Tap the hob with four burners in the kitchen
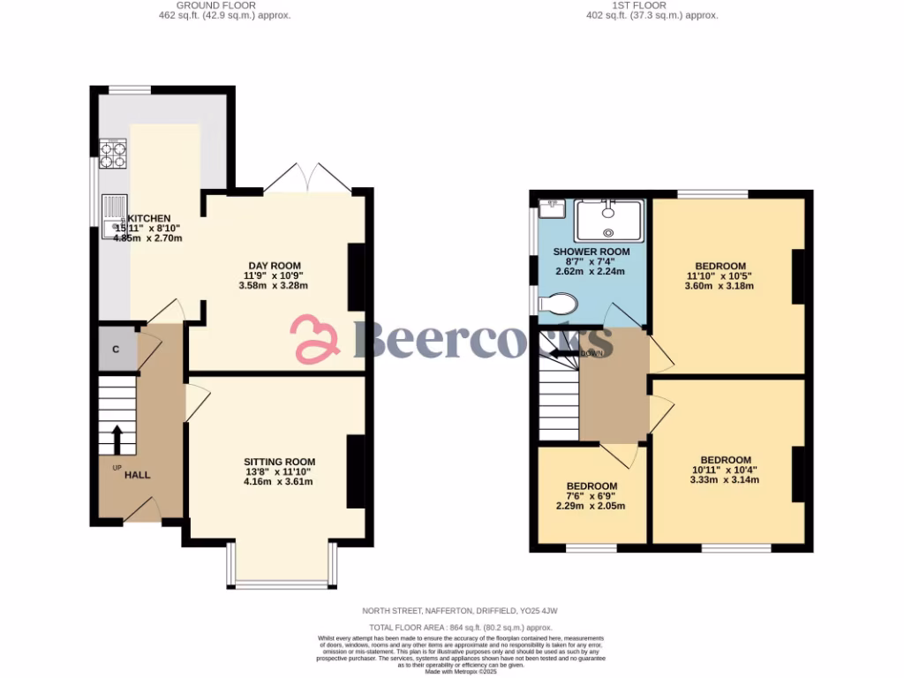(x=112, y=154)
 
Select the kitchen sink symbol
(x=114, y=217)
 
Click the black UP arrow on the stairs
(x=117, y=438)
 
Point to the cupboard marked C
(x=116, y=350)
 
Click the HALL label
(x=137, y=475)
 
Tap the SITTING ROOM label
(x=279, y=462)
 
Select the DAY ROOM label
(x=274, y=266)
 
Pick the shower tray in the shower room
(x=608, y=220)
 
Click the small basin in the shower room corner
(x=551, y=209)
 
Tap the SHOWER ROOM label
(x=591, y=252)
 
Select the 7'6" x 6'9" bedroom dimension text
(x=591, y=496)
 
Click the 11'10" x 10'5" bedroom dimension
(x=719, y=275)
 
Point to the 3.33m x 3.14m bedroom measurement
(x=725, y=480)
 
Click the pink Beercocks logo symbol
(x=315, y=340)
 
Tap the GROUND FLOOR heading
(x=216, y=5)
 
